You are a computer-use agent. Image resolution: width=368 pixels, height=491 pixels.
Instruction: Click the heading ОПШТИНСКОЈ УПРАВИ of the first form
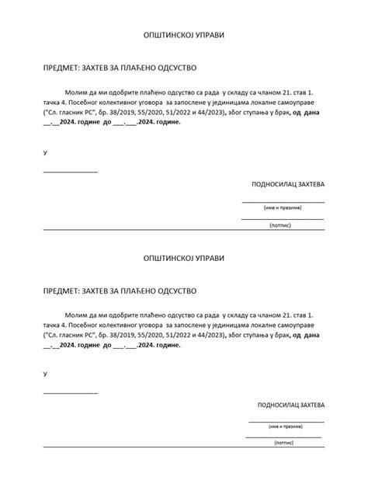184,37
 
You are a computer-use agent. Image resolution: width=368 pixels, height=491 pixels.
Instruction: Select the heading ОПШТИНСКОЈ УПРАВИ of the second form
184,256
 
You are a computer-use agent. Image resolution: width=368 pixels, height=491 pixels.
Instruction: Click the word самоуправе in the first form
304,102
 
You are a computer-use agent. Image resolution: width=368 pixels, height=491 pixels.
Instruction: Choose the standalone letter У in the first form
45,153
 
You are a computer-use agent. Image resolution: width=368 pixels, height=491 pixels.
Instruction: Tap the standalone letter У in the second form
45,374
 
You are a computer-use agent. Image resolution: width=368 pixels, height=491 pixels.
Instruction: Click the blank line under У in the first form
70,170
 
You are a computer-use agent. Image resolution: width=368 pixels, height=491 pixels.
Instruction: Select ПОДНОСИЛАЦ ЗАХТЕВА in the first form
288,185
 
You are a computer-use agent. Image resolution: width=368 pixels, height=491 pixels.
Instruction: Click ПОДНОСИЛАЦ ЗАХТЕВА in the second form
291,406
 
